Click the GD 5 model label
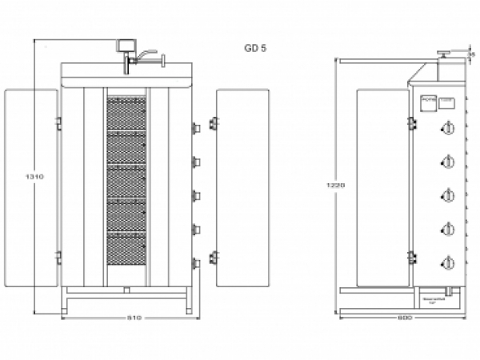click(256, 47)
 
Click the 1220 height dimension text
click(337, 186)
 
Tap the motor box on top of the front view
click(125, 45)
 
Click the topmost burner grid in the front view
click(126, 112)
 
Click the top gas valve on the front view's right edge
click(196, 128)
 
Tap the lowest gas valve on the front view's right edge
click(196, 263)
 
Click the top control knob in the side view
click(448, 129)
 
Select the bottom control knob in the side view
click(448, 263)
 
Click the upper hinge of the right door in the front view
click(214, 123)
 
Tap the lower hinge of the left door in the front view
click(58, 257)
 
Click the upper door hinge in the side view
click(411, 122)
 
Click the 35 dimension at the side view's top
click(472, 54)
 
